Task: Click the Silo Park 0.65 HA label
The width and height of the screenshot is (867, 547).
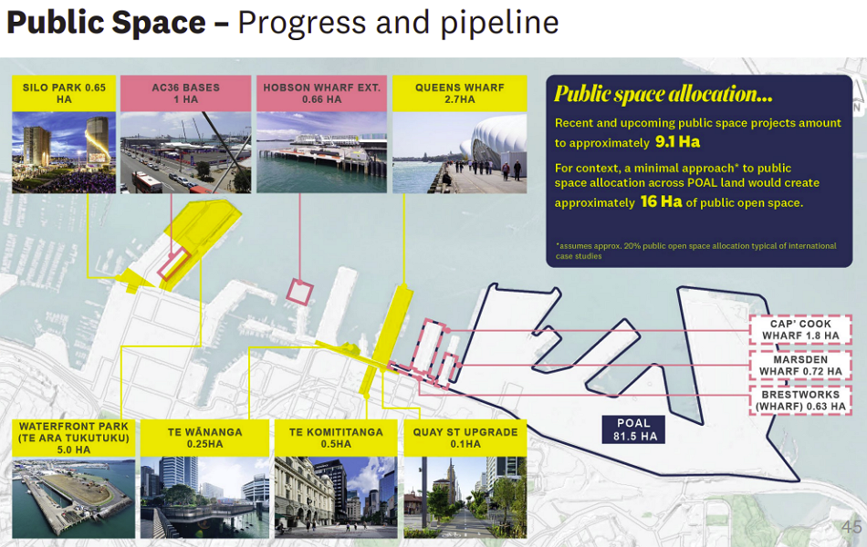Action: [x=64, y=93]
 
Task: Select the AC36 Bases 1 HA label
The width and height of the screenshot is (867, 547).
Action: [x=186, y=93]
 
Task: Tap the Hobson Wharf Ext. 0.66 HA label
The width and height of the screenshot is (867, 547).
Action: [x=322, y=93]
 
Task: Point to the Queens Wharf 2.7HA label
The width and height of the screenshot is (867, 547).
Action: [x=459, y=93]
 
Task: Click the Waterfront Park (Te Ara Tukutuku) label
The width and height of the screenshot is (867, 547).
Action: [x=74, y=439]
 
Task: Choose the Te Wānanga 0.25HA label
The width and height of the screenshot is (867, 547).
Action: [x=204, y=439]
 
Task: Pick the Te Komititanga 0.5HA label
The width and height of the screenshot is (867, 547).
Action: [x=336, y=439]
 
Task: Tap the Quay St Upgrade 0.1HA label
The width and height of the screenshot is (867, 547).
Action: [x=465, y=439]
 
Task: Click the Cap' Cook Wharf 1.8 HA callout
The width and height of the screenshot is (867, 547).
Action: [x=800, y=330]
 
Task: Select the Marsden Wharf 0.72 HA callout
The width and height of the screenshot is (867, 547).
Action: [x=800, y=366]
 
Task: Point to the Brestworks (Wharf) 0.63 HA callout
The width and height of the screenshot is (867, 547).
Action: [x=800, y=400]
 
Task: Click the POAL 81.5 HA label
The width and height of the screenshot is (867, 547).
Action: [x=633, y=430]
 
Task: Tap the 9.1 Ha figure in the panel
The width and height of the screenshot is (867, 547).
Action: [x=677, y=142]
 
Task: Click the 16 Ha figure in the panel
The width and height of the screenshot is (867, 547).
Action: [x=662, y=201]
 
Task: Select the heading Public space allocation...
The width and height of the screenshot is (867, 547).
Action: [x=663, y=94]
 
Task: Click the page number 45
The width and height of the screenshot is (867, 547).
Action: [x=851, y=527]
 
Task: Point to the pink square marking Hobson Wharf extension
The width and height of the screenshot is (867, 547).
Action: [x=299, y=292]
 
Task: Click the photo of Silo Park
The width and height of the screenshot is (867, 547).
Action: [x=64, y=152]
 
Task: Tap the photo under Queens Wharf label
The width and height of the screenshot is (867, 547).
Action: [x=459, y=152]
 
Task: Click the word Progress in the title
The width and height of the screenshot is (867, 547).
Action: [x=302, y=23]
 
